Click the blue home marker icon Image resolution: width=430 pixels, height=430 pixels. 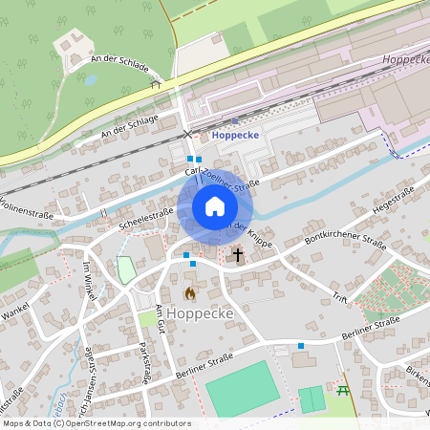click(214, 206)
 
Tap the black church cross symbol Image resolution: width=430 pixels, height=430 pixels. click(237, 255)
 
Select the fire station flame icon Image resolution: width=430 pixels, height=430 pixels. click(190, 293)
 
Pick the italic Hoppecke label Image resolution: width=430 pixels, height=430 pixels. click(404, 59)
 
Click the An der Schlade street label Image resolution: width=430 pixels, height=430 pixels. click(118, 65)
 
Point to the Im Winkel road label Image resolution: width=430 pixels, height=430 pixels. click(90, 280)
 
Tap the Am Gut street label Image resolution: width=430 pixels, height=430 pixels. click(160, 317)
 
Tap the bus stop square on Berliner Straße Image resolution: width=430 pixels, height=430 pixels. click(301, 345)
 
